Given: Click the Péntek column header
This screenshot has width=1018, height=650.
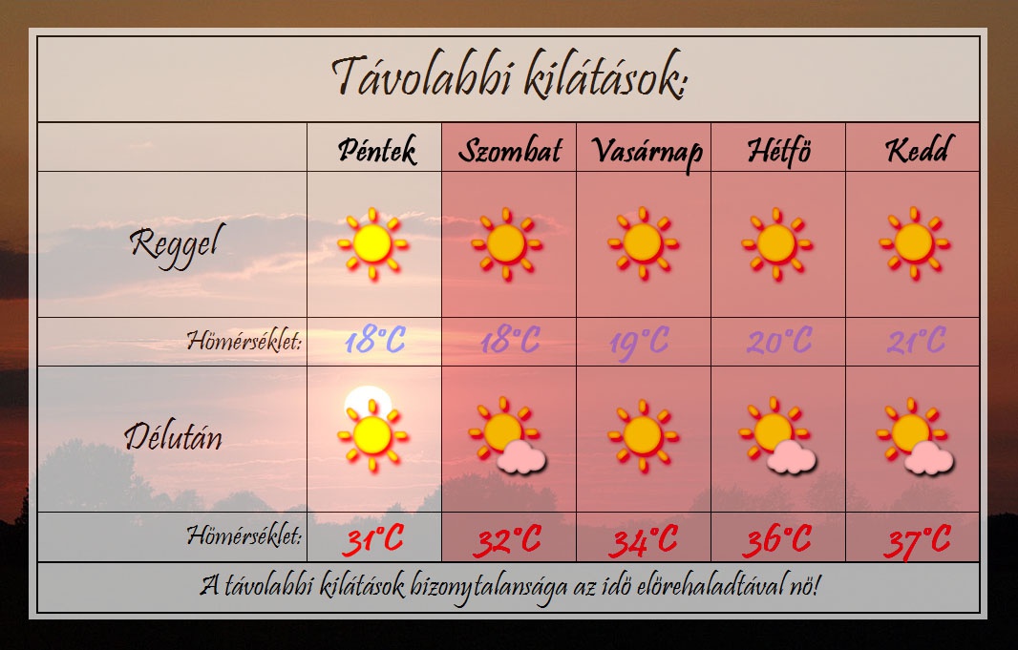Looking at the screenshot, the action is tap(376, 151).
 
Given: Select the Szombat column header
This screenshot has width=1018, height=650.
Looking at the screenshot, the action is tap(510, 151).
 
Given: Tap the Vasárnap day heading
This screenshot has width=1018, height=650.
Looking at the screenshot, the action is tap(647, 153).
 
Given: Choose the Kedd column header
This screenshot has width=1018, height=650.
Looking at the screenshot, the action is tap(917, 150).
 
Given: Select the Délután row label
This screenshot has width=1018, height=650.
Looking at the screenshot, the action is tap(174, 435).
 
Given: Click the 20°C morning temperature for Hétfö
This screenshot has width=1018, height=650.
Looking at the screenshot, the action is tap(779, 341).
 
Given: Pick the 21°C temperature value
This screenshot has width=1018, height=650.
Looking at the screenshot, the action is tap(917, 341).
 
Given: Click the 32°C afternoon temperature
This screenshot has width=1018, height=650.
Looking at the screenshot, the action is tap(508, 540).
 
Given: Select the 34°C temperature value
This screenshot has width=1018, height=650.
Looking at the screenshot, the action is tap(643, 540).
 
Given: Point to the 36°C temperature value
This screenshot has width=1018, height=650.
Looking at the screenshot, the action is tap(777, 540).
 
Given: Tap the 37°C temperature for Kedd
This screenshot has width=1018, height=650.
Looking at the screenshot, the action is tap(917, 541).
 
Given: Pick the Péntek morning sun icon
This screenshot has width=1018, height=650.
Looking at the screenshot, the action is tap(372, 244).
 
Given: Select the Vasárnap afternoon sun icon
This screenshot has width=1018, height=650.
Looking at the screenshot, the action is tap(643, 435).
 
